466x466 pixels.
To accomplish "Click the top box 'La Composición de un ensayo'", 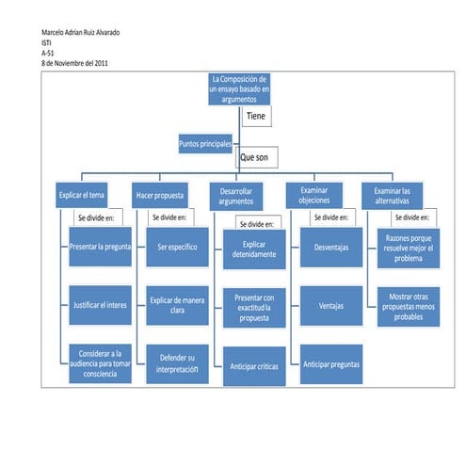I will coord(239,88).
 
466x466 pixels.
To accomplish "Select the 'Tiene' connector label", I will coord(256,116).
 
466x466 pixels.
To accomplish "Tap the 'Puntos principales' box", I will coord(205,144).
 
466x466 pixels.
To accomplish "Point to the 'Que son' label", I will coord(255,158).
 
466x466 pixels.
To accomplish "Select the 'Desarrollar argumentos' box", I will coord(235,197).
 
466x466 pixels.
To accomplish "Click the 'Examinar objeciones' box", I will coord(314,196).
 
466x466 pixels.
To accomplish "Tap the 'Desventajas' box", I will coord(330,247).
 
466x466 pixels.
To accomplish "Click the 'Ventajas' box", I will coord(330,305).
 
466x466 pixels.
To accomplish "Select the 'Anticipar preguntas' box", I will coord(330,363).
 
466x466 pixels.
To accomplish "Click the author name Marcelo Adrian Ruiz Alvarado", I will coord(80,33).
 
